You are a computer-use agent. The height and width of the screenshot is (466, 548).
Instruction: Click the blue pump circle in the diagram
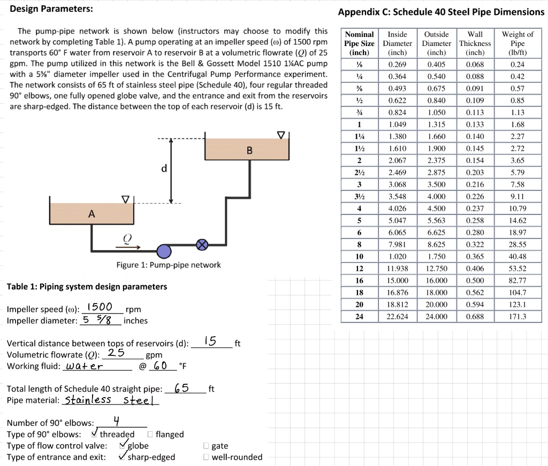tap(164, 251)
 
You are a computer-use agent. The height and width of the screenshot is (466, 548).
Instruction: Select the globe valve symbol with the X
tap(202, 245)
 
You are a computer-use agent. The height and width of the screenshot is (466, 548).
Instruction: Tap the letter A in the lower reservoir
tap(92, 214)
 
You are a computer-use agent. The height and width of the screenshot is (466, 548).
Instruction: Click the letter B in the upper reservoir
tap(249, 151)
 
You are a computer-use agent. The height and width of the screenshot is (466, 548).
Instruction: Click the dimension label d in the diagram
tap(164, 169)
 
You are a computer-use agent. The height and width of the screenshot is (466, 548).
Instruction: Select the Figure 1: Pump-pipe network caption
tap(168, 265)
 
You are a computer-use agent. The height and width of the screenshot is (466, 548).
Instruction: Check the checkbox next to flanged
tap(150, 434)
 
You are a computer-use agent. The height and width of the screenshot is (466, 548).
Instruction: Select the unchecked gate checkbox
tap(206, 446)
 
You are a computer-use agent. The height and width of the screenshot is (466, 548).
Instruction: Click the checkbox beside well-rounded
tap(206, 457)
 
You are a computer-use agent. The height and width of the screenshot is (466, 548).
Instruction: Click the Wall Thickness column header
tap(475, 43)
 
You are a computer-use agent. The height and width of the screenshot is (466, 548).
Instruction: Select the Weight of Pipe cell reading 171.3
tap(517, 316)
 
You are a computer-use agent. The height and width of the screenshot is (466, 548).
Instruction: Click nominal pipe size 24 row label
tap(360, 316)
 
